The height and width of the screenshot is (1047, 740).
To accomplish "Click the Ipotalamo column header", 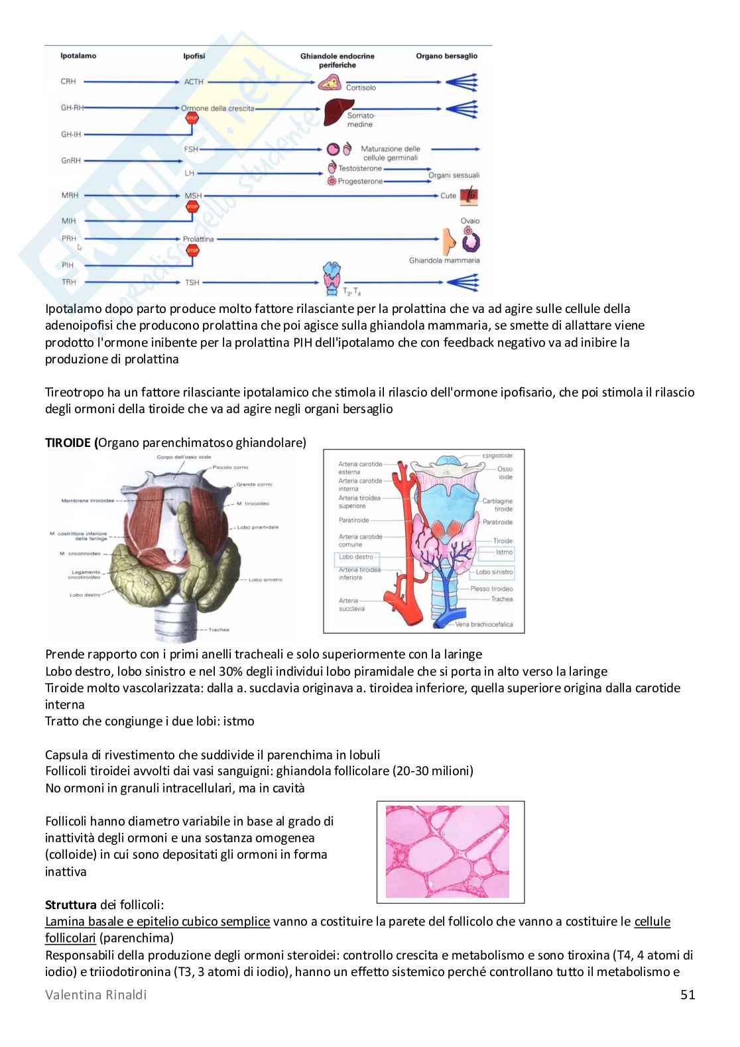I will click(78, 56).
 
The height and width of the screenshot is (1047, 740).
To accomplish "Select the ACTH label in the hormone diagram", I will click(194, 82).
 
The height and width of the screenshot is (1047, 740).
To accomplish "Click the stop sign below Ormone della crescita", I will click(192, 119).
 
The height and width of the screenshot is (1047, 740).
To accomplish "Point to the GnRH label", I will click(70, 161).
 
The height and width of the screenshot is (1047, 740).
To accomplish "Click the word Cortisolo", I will click(361, 88).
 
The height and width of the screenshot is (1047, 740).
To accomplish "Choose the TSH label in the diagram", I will click(192, 282).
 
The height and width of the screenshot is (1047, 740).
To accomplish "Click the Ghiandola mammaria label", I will click(444, 261).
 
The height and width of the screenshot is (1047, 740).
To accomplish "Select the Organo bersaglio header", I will click(446, 56).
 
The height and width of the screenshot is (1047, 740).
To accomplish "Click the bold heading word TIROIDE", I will click(68, 442).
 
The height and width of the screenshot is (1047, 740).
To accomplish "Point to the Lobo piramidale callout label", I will click(257, 527).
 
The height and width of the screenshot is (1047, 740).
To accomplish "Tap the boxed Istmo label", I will click(504, 552).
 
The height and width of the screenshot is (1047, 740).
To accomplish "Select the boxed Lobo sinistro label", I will click(494, 572).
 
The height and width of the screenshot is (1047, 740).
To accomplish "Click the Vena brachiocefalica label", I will click(483, 624).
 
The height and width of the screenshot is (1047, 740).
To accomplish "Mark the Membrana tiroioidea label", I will click(88, 501).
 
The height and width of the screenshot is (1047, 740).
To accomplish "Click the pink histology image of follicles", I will click(448, 851).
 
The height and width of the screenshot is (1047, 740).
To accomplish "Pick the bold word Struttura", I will click(71, 904).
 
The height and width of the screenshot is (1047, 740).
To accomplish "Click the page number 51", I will click(688, 995).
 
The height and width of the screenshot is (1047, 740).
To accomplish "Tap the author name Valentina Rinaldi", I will click(96, 995).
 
